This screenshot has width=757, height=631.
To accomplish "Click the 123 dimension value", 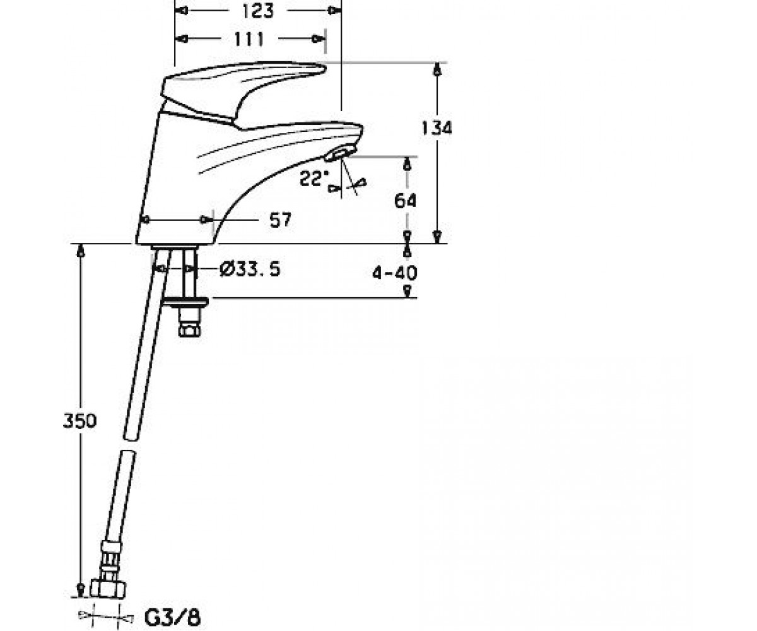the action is [x=257, y=11].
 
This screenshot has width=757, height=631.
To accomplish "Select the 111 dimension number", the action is [x=249, y=39].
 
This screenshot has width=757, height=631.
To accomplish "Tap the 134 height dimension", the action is [x=437, y=128].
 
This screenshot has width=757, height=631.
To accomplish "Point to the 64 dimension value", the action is [x=406, y=201].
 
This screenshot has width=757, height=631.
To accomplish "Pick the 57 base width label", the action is [x=280, y=220].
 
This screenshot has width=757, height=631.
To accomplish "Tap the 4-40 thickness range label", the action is [x=395, y=273].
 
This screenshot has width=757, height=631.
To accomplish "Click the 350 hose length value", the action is [x=79, y=421].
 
